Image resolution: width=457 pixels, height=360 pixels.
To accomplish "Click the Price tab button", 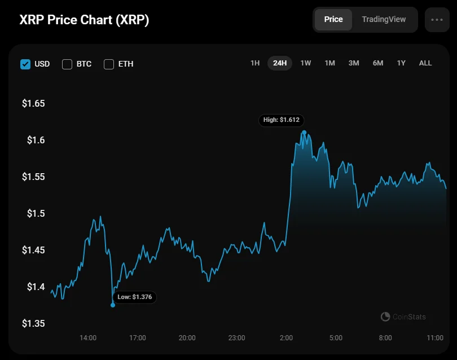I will pos(333,19).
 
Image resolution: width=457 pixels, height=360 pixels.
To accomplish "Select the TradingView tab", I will pos(384,19).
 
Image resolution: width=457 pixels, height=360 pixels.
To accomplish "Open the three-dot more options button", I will pos(437,19).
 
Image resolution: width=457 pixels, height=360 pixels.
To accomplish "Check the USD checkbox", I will pos(25,64).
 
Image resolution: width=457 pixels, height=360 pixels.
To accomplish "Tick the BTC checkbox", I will pos(67,64).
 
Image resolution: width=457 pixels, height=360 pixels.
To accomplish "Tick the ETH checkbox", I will pos(109,64).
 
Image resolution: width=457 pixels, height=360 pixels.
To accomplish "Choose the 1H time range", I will pos(255,63).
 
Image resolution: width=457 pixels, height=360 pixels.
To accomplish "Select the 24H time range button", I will pos(280,63).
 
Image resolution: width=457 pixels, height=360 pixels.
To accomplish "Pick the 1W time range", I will pos(305,63).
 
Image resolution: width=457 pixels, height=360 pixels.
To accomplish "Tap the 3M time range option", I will pos(354,63).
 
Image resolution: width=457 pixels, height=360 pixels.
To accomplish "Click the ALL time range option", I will pos(425,63).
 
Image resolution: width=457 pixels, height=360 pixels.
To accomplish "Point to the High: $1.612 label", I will pos(282,120).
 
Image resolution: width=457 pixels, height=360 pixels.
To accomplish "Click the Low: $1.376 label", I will pos(135,297).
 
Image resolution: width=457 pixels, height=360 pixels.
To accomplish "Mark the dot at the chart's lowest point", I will pos(113,305).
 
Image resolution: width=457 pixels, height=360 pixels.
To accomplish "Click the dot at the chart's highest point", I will pos(304,133).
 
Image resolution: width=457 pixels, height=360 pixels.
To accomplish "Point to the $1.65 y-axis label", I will pos(33,104).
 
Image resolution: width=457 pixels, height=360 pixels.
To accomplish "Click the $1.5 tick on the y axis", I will pos(36,213).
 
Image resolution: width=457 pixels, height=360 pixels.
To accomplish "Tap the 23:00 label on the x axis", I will pos(236,338).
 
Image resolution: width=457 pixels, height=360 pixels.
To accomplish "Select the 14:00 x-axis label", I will pos(88,338).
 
